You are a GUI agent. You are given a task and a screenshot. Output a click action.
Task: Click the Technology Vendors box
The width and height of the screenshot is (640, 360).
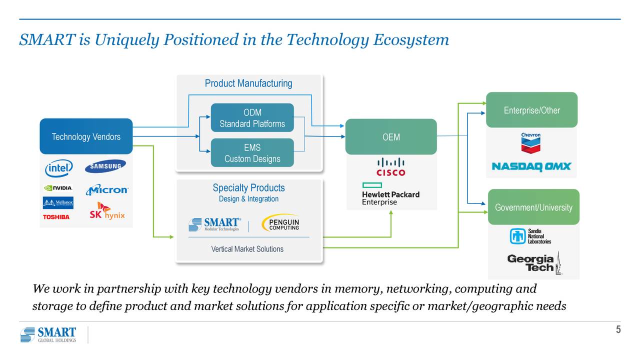pyautogui.click(x=86, y=136)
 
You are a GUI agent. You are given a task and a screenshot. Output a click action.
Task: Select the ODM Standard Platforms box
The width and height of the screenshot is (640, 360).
pyautogui.click(x=252, y=118)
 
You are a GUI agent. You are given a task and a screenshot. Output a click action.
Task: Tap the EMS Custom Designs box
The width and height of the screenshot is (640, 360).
pyautogui.click(x=252, y=153)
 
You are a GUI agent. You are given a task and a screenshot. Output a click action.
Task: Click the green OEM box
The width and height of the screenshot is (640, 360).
pyautogui.click(x=391, y=137)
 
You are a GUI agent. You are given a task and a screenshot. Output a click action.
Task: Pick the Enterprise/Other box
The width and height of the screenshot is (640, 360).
pyautogui.click(x=531, y=110)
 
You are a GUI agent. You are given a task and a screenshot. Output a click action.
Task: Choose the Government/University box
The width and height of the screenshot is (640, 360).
pyautogui.click(x=533, y=207)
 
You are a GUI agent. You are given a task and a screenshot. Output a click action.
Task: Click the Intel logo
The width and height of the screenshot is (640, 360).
pyautogui.click(x=59, y=168)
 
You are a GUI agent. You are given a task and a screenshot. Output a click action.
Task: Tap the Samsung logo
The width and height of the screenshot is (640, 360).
pyautogui.click(x=105, y=166)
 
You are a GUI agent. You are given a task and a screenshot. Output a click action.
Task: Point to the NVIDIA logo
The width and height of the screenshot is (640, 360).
pyautogui.click(x=58, y=188)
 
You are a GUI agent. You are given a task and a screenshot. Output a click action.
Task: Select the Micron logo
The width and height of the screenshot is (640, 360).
pyautogui.click(x=107, y=190)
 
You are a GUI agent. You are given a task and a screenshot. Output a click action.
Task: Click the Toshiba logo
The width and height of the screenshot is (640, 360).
pyautogui.click(x=56, y=217)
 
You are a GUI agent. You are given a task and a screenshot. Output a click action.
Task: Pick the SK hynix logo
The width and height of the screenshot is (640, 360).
pyautogui.click(x=107, y=211)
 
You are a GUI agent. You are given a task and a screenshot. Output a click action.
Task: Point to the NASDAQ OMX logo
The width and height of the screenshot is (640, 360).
pyautogui.click(x=531, y=166)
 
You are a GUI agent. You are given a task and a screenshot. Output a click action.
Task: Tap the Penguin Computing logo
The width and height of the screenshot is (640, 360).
pyautogui.click(x=281, y=223)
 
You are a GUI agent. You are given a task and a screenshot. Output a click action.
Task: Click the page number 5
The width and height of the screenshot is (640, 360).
pyautogui.click(x=618, y=329)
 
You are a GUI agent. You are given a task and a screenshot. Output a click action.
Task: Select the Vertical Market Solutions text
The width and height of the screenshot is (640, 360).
pyautogui.click(x=247, y=249)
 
